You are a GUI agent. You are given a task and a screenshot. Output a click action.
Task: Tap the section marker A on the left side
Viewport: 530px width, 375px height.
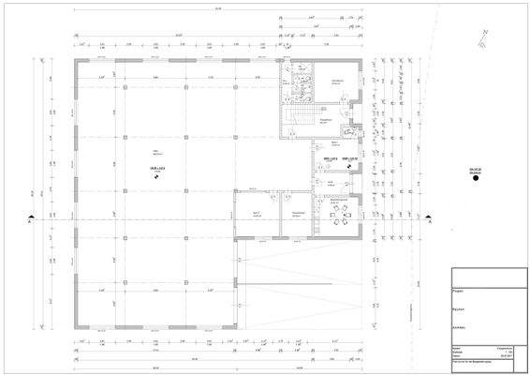(x=32, y=221)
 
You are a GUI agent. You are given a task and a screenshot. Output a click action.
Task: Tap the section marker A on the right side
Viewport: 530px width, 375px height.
(x=426, y=221)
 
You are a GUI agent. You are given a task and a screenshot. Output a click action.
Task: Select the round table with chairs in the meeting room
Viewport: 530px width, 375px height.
(x=338, y=218)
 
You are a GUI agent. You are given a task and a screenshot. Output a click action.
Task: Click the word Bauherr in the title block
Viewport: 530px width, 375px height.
(x=460, y=307)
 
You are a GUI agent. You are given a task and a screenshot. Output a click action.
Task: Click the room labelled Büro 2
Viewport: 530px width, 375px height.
(x=254, y=215)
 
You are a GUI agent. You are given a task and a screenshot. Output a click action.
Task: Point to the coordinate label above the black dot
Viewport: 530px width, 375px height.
(x=476, y=169)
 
